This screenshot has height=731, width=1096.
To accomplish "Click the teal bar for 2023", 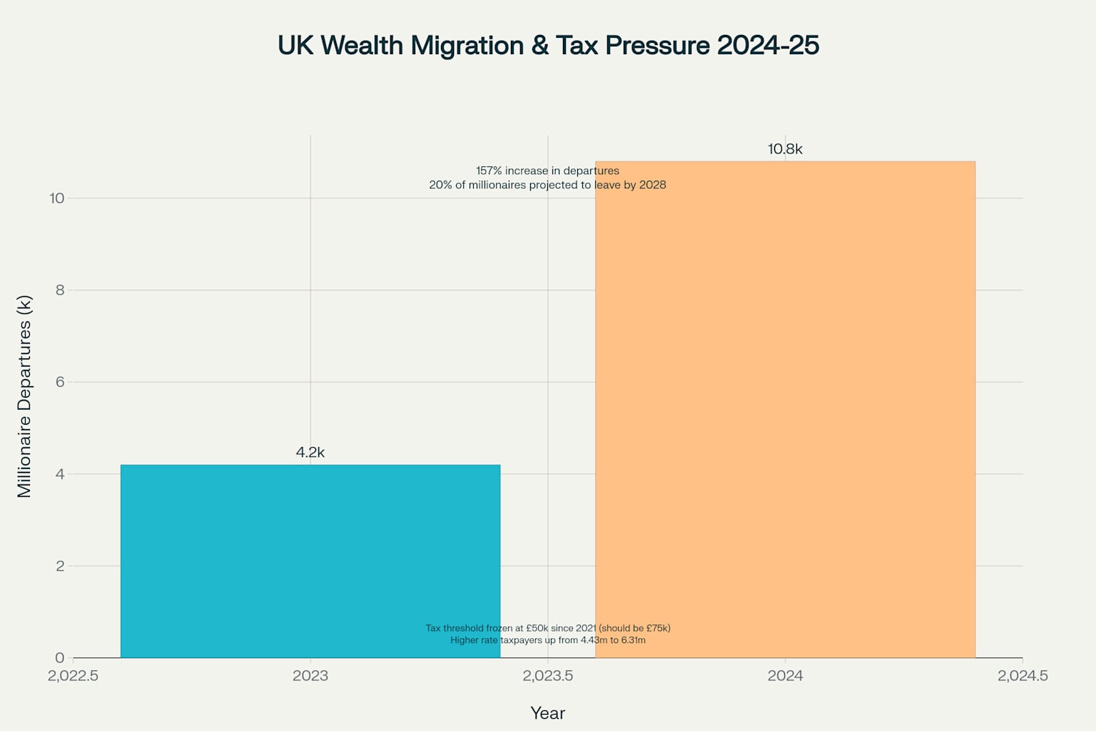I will click(310, 561).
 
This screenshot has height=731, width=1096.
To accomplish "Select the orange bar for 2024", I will click(785, 409).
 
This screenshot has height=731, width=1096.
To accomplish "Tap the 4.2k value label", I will click(310, 453).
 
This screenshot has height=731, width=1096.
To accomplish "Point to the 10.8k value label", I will click(785, 149).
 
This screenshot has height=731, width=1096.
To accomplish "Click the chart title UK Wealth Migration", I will click(548, 45).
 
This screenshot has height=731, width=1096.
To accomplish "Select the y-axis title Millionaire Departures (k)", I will click(24, 396).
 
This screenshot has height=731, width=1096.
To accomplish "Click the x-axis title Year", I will click(548, 713).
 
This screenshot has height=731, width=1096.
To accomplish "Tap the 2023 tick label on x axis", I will click(310, 676).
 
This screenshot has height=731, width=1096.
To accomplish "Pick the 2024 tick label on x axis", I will click(785, 676).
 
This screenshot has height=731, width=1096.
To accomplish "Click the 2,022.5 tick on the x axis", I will click(73, 676).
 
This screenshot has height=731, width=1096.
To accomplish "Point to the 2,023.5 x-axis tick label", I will click(548, 676).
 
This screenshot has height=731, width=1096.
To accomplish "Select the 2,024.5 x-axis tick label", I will click(1023, 676).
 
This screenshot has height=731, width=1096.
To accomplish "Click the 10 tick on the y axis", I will click(57, 198).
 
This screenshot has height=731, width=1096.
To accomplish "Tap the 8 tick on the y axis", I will click(60, 291).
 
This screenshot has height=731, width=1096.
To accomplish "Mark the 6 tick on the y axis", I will click(60, 382).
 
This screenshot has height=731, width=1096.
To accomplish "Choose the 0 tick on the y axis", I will click(60, 658).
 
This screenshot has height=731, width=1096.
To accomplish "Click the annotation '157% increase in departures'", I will click(548, 171).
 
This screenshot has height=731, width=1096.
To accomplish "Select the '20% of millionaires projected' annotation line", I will click(548, 185).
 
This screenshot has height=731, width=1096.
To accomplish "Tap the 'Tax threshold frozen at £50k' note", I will click(548, 628).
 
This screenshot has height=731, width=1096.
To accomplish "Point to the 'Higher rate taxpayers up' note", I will click(548, 640).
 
